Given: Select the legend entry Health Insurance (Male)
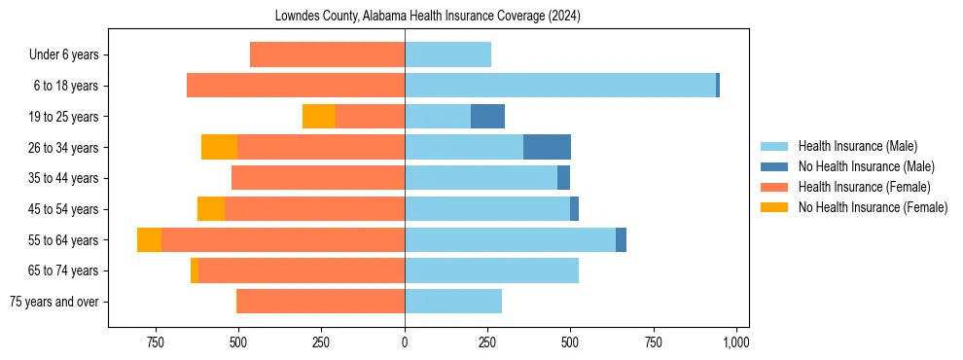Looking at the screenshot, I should tap(855, 146).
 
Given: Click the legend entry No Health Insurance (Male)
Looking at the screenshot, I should tap(862, 166).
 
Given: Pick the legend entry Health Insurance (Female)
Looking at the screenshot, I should tap(860, 187).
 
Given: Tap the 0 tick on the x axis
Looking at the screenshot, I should tap(405, 342).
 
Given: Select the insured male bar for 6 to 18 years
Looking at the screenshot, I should tap(560, 86).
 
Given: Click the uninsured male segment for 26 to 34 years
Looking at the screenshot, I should tap(547, 147).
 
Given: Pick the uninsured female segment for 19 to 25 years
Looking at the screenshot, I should tap(319, 117).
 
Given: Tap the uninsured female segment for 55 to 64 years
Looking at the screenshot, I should tap(149, 240).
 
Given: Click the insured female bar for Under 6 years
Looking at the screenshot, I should tap(327, 54).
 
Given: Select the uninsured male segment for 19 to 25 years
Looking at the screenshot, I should tap(487, 117).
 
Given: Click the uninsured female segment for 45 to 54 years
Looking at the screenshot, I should tap(211, 209).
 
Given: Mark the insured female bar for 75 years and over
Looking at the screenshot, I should tap(321, 302).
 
